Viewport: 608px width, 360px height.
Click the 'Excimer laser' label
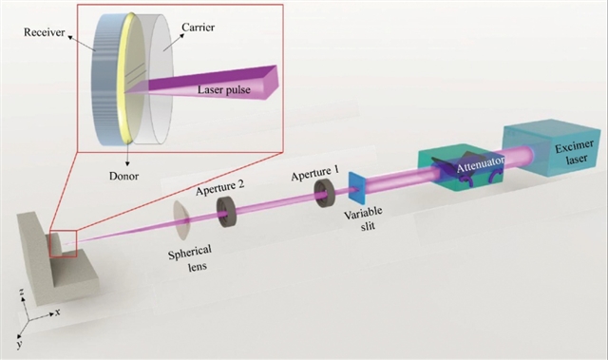click(x=574, y=152)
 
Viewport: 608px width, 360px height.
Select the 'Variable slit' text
click(x=364, y=218)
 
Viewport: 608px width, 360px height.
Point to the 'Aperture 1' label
click(x=314, y=174)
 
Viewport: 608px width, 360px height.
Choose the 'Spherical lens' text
click(x=190, y=256)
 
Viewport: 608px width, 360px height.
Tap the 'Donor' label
click(x=123, y=177)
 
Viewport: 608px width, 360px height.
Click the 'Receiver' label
click(x=45, y=32)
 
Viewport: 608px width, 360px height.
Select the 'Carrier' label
click(x=198, y=28)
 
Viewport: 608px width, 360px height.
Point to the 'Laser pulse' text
click(x=224, y=90)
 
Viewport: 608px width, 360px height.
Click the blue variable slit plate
click(x=357, y=188)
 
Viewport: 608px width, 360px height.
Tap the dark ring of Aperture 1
click(x=324, y=193)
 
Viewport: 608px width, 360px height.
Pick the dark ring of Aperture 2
click(x=226, y=212)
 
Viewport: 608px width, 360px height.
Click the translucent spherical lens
click(x=181, y=220)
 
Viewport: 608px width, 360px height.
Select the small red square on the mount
click(x=64, y=243)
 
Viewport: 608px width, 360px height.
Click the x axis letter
click(x=57, y=312)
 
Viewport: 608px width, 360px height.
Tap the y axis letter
click(x=19, y=343)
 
